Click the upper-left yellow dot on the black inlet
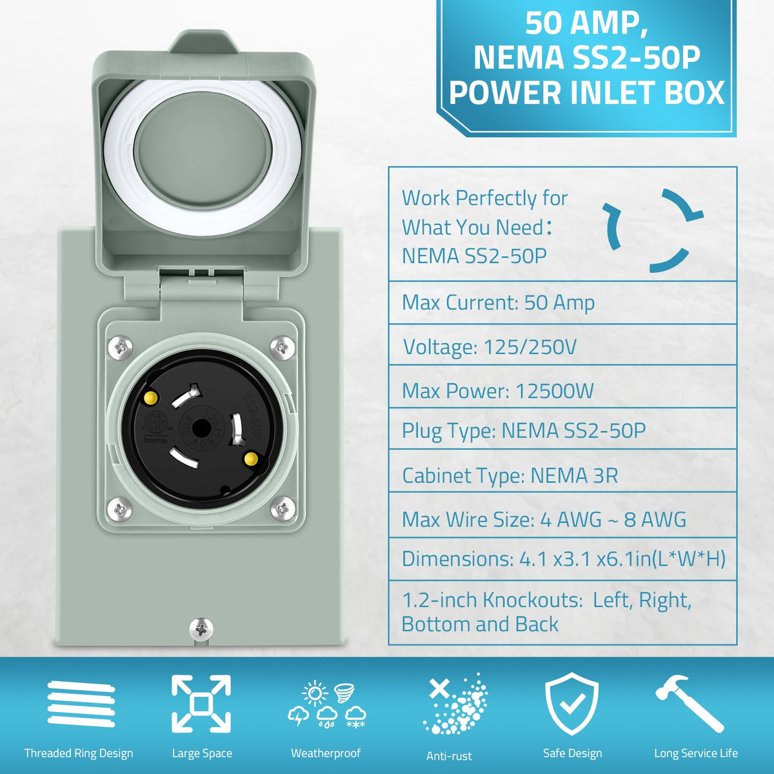click(x=151, y=398)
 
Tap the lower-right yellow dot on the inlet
click(x=251, y=458)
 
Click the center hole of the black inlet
click(x=199, y=428)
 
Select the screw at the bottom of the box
click(x=201, y=628)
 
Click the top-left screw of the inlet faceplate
click(x=121, y=348)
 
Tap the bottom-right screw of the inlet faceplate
click(x=283, y=510)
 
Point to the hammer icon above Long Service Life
click(x=690, y=703)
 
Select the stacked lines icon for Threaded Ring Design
click(x=81, y=703)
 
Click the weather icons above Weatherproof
click(x=327, y=703)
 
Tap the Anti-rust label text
click(x=449, y=756)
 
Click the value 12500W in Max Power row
click(x=554, y=391)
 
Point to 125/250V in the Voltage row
click(x=530, y=346)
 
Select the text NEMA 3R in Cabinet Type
click(x=574, y=475)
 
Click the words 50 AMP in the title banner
click(x=587, y=23)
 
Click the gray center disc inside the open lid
click(x=203, y=151)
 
